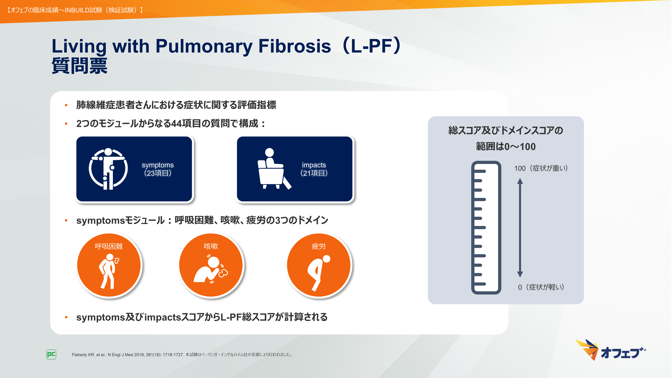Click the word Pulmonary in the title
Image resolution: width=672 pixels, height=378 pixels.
coord(204,46)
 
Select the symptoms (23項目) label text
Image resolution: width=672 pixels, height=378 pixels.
coord(158,169)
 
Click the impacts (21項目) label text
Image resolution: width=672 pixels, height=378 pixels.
coord(314,169)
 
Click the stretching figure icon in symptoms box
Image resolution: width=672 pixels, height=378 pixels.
coord(108,169)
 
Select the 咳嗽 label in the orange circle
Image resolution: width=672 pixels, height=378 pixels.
coord(211,246)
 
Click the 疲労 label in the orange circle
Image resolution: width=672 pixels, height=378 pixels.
coord(319,246)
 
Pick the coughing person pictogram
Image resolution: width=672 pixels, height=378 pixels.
coord(210,269)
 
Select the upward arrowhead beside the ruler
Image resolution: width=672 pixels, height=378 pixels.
coord(520,181)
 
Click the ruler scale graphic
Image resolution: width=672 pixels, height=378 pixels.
coord(486,227)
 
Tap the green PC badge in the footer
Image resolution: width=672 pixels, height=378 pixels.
coord(51,354)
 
